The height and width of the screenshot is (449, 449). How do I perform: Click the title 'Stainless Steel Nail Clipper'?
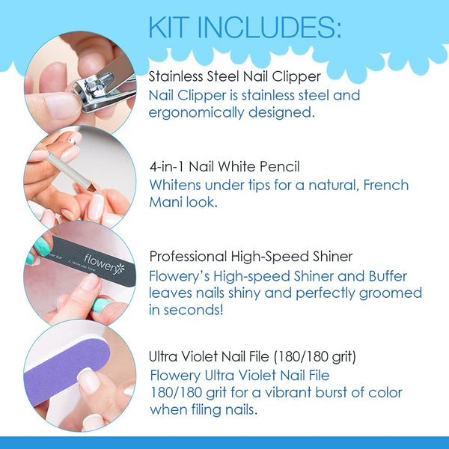point(234,76)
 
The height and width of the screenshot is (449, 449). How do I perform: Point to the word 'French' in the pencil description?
point(371,184)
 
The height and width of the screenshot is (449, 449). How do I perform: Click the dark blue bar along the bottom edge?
point(224,442)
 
